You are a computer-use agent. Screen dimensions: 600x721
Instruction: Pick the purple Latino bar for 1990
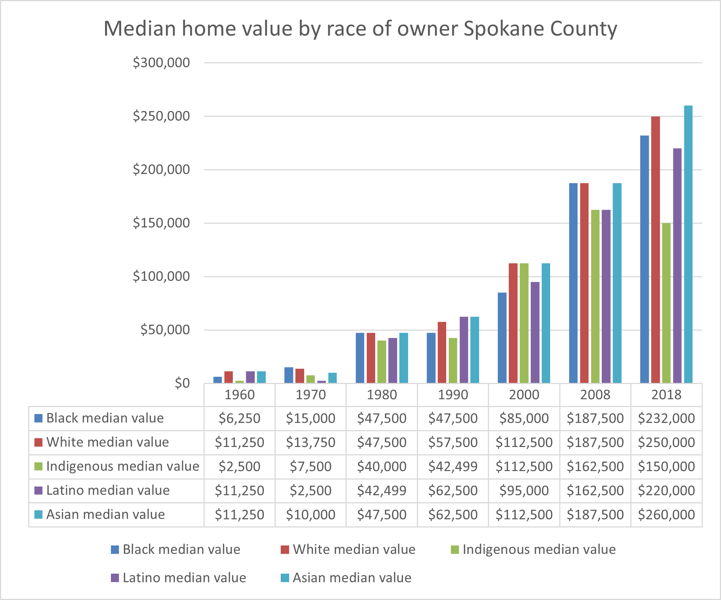click(x=464, y=350)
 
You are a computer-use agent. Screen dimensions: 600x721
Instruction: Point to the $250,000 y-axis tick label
click(x=161, y=116)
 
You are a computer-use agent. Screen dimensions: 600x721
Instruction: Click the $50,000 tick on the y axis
click(x=165, y=330)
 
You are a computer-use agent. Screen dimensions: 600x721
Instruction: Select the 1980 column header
click(x=382, y=395)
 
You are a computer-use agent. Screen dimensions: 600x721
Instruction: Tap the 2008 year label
click(x=595, y=395)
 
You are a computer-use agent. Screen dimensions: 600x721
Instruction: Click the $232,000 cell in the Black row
click(x=666, y=418)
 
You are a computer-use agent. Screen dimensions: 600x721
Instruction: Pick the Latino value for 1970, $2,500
click(x=310, y=491)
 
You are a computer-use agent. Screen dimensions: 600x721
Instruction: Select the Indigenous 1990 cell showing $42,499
click(x=453, y=466)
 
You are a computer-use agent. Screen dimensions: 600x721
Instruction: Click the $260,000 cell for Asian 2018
click(x=666, y=515)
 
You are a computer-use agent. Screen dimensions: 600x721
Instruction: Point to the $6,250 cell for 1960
click(x=239, y=418)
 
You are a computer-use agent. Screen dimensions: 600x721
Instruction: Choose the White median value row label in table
click(x=107, y=442)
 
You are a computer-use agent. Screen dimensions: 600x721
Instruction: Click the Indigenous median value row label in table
click(x=122, y=466)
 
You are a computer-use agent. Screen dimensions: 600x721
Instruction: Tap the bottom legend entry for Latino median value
click(x=184, y=578)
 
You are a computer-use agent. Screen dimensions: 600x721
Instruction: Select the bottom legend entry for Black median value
click(x=181, y=549)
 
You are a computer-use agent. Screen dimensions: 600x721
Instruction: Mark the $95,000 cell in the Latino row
click(x=524, y=491)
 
